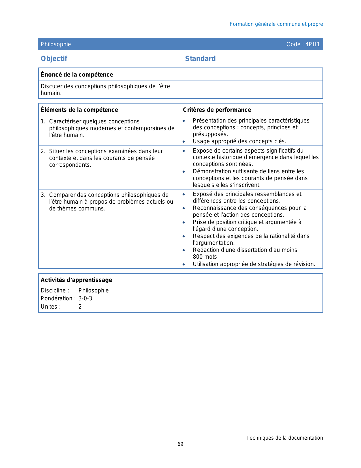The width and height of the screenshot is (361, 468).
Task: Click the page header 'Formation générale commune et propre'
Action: pyautogui.click(x=276, y=24)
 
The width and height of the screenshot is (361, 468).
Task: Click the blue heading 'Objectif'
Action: pyautogui.click(x=54, y=59)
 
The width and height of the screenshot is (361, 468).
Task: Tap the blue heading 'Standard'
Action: pyautogui.click(x=200, y=59)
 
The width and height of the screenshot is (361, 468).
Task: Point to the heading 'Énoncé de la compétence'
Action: pyautogui.click(x=77, y=75)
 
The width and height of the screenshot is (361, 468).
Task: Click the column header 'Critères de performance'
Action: pyautogui.click(x=217, y=110)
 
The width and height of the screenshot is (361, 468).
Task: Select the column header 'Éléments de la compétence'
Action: pyautogui.click(x=79, y=110)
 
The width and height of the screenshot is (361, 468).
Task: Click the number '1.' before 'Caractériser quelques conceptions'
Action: pyautogui.click(x=43, y=122)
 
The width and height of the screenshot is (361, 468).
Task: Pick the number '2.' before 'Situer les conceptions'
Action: pyautogui.click(x=43, y=151)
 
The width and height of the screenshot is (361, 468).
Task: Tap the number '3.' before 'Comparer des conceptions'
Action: pyautogui.click(x=43, y=195)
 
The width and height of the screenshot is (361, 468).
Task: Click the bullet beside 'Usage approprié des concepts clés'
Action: pyautogui.click(x=184, y=142)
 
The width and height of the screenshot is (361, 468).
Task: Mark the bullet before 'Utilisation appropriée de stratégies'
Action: pyautogui.click(x=184, y=264)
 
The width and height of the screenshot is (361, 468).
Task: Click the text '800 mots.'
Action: pyautogui.click(x=206, y=257)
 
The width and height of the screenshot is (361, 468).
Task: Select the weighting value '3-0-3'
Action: pyautogui.click(x=85, y=298)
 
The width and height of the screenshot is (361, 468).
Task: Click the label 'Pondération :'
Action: pyautogui.click(x=58, y=298)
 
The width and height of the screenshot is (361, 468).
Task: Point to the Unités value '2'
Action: pyautogui.click(x=80, y=307)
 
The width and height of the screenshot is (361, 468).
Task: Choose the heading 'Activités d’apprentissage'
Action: pyautogui.click(x=76, y=280)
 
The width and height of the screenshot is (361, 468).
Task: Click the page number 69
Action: pyautogui.click(x=180, y=444)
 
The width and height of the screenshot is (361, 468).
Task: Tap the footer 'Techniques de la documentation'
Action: pyautogui.click(x=284, y=438)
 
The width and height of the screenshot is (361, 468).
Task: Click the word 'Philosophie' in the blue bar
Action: pyautogui.click(x=56, y=44)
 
